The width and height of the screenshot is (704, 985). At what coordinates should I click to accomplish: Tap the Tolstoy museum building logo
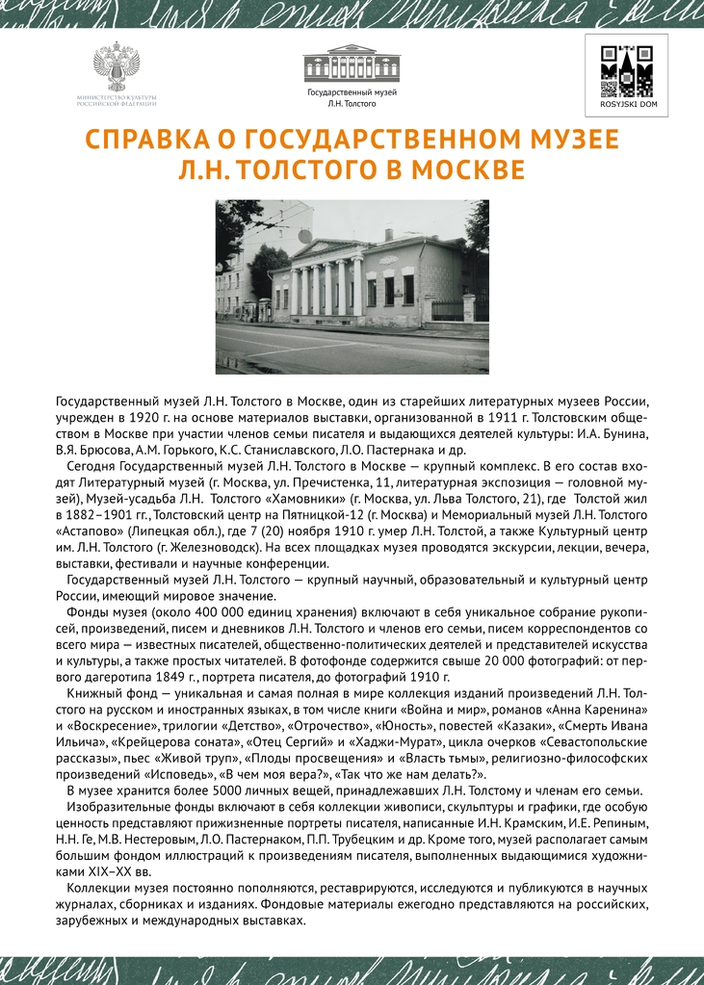[x=352, y=65]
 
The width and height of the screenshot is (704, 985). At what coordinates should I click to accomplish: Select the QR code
[x=626, y=69]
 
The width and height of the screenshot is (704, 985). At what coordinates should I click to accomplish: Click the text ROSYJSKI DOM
[x=626, y=103]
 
